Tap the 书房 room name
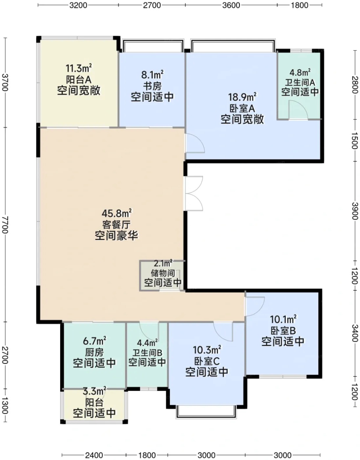(x=152, y=86)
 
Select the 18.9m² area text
(x=242, y=97)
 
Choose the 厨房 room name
(x=94, y=353)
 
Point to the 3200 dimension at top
(x=78, y=5)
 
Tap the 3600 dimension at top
(x=231, y=5)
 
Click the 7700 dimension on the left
(x=5, y=225)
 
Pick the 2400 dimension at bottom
(x=94, y=455)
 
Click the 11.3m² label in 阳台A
(x=79, y=68)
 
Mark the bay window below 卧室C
(x=206, y=411)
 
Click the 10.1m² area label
(x=283, y=319)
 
